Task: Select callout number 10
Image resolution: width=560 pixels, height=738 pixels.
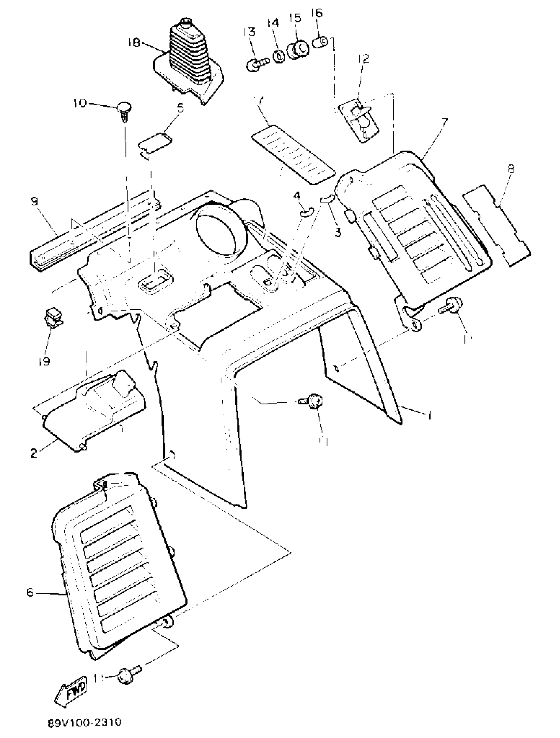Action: click(x=80, y=103)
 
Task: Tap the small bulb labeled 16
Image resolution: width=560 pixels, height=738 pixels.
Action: click(x=320, y=42)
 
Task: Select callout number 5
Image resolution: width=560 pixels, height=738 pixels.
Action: click(x=180, y=108)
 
